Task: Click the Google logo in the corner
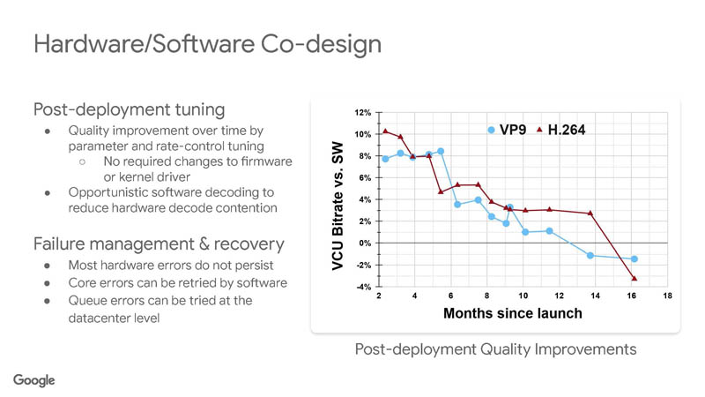[x=34, y=379]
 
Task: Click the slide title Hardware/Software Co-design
[x=207, y=44]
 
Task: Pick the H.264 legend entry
[x=561, y=131]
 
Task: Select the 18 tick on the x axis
[x=667, y=296]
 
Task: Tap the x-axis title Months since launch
[x=512, y=313]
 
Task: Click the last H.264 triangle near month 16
[x=634, y=279]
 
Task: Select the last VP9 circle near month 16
[x=634, y=259]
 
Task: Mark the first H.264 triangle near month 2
[x=386, y=131]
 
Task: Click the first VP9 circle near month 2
[x=386, y=159]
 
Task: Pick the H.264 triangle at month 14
[x=590, y=213]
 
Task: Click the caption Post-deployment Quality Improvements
[x=495, y=349]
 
